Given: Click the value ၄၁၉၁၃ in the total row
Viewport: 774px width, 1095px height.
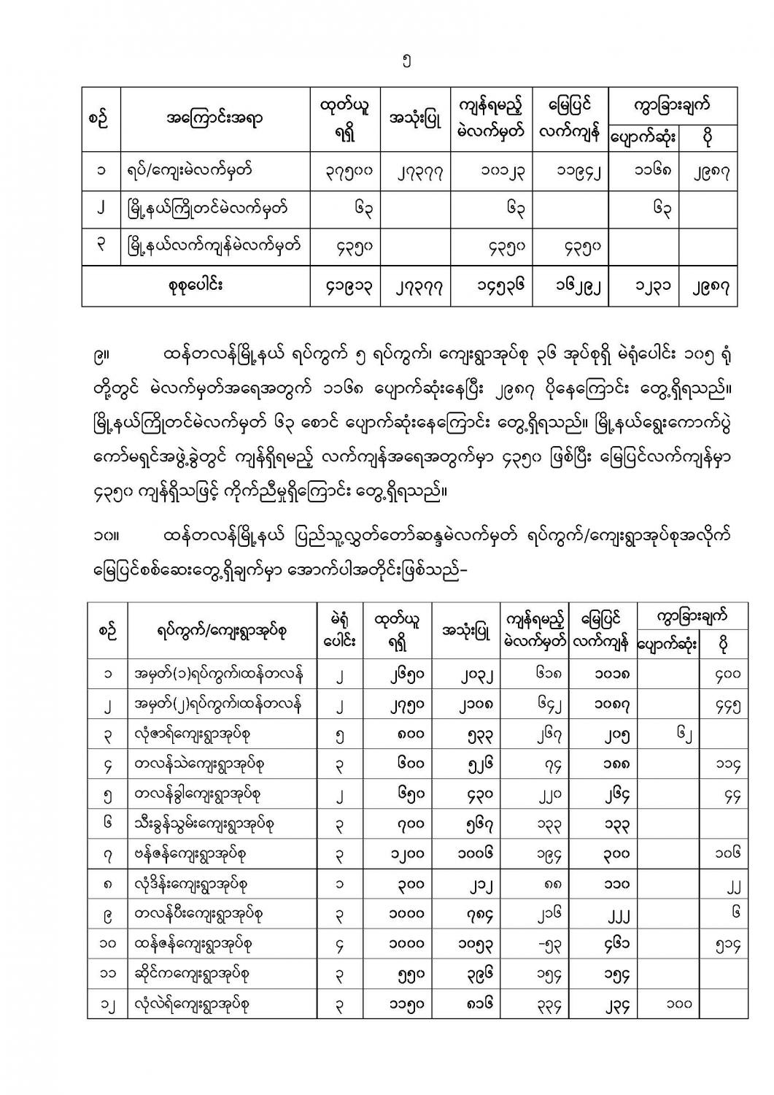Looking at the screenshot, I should [x=346, y=287].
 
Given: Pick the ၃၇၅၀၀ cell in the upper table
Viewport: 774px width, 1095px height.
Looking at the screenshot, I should [x=346, y=172].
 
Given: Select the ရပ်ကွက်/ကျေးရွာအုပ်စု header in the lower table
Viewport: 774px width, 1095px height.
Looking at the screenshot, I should [x=221, y=631].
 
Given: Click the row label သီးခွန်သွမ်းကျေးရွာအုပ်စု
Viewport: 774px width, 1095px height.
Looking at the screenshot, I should [x=204, y=824].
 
